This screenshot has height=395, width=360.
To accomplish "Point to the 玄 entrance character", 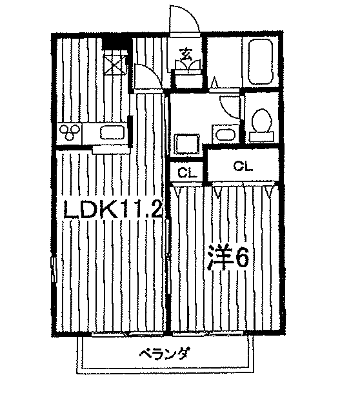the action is (185, 54).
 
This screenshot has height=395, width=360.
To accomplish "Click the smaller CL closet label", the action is (186, 172).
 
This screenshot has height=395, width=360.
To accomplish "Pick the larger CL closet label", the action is (243, 167).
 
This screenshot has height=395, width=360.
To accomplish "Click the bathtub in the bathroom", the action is (261, 62).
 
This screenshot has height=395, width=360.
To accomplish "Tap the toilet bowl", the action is (261, 120).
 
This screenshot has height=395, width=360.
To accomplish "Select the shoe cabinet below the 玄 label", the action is (188, 79).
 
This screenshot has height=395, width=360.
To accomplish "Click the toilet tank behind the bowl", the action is (261, 137).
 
